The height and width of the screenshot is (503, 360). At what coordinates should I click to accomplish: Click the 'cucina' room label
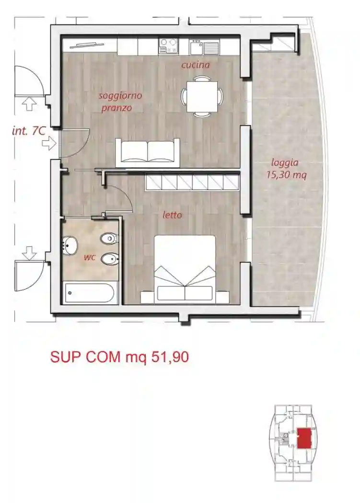196,65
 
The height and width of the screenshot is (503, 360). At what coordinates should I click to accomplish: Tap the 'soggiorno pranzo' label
120,102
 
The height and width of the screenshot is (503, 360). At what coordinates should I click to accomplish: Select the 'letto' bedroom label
172,215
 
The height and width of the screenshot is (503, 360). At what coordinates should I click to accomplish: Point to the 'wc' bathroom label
90,257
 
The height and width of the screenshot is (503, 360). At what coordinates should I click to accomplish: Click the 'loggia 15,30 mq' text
286,168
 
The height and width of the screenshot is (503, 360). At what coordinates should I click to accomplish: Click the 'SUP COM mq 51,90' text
119,357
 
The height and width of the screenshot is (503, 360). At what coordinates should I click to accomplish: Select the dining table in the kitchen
202,96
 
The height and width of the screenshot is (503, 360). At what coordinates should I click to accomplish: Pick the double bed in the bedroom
185,269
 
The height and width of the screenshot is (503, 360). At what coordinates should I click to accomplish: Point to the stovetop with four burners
168,46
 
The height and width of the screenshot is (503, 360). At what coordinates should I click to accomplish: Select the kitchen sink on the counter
204,47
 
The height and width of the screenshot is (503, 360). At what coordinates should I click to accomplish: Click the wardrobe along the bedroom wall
192,183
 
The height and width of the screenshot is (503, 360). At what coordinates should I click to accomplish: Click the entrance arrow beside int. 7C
49,143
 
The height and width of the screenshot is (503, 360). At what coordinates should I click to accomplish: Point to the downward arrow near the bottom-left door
30,252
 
